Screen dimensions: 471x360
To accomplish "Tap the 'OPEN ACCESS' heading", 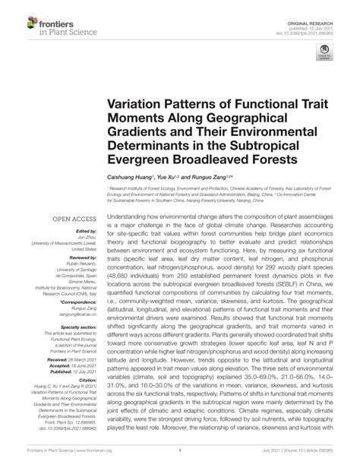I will click(74, 220).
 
